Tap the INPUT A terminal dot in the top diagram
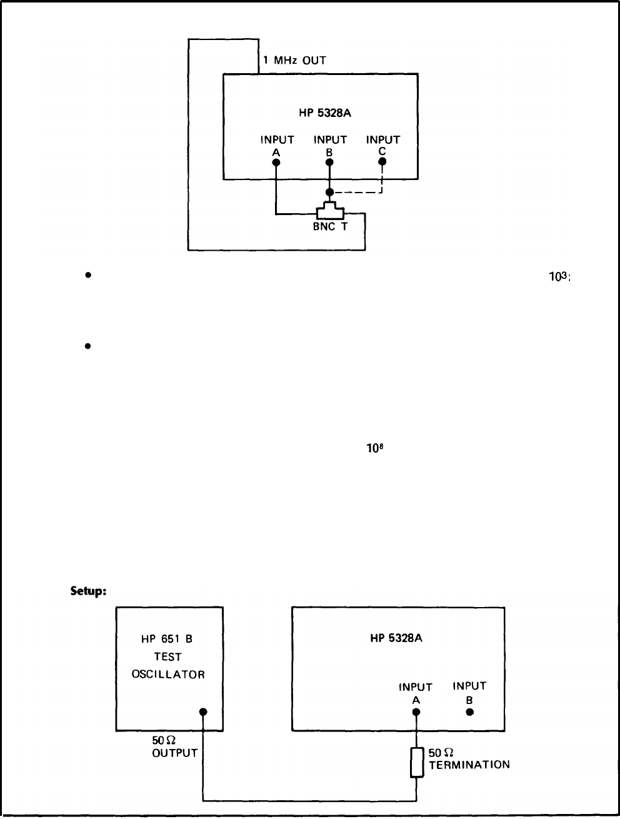point(276,162)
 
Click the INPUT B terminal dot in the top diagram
point(329,162)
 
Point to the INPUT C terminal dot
point(382,161)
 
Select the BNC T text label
point(330,227)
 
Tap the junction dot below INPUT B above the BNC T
point(329,192)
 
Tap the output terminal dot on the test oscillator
point(203,712)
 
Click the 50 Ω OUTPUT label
point(174,746)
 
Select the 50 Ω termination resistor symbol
point(417,763)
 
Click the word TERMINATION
point(469,764)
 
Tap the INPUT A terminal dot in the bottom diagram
point(416,712)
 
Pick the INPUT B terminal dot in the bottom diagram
point(469,712)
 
